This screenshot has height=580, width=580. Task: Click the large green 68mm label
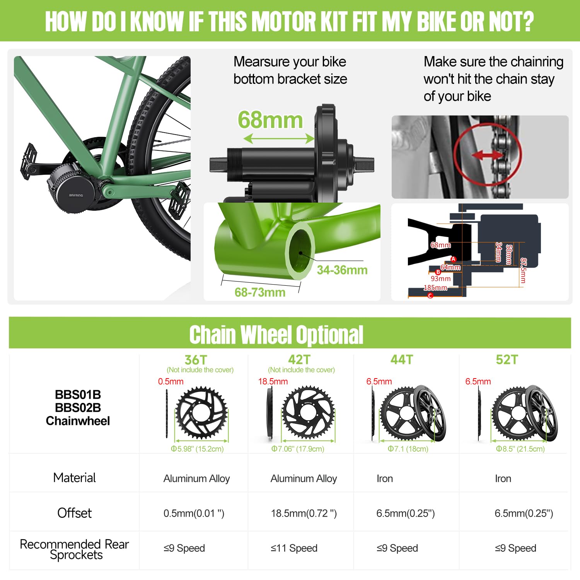[x=270, y=120]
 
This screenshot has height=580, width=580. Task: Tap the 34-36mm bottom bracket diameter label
[x=342, y=270]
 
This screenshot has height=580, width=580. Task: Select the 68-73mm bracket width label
[x=260, y=292]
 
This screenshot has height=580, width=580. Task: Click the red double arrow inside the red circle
[x=487, y=155]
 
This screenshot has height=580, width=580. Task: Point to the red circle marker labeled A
[x=454, y=259]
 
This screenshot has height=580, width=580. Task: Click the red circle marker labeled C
[x=430, y=296]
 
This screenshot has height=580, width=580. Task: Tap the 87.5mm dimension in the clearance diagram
[x=523, y=271]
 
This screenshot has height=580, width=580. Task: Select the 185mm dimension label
[x=435, y=288]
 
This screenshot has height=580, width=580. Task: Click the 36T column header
[x=196, y=360]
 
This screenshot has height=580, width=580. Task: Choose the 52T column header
[x=507, y=360]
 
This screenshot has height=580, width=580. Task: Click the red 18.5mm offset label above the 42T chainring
[x=273, y=382]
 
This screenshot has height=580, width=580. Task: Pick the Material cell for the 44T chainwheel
[x=385, y=479]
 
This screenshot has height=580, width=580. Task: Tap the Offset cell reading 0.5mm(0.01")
[x=194, y=513]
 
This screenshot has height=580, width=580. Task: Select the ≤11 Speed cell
[x=294, y=548]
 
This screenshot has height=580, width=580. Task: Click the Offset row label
[x=75, y=513]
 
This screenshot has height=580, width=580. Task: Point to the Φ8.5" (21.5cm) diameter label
[x=520, y=449]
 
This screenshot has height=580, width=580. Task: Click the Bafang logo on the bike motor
[x=76, y=195]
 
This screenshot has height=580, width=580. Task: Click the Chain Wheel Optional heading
[x=276, y=334]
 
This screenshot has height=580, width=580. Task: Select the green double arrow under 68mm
[x=279, y=138]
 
